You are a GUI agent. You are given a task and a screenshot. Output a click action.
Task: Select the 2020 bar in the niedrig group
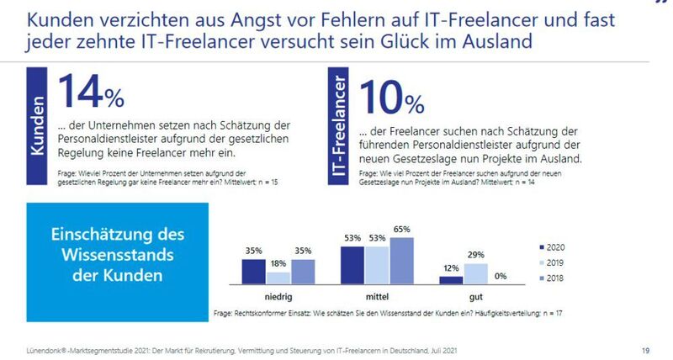point(253,272)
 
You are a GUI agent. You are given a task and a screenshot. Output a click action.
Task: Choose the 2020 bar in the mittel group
point(352,265)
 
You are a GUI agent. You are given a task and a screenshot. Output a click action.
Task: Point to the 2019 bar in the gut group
point(475,274)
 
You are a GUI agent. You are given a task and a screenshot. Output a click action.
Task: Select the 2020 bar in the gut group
point(451,281)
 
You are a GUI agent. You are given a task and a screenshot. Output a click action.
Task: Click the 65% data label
point(401,230)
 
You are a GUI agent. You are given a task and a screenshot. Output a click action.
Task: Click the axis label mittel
point(376,297)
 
